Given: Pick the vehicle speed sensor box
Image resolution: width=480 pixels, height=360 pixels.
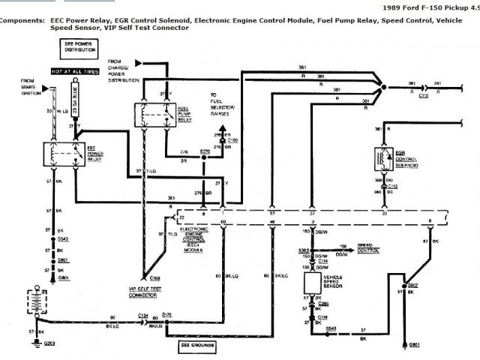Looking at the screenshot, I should (311, 283).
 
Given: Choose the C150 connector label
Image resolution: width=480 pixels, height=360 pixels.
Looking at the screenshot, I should (232, 139).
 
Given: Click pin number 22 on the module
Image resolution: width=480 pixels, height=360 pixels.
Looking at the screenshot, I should (181, 217).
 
